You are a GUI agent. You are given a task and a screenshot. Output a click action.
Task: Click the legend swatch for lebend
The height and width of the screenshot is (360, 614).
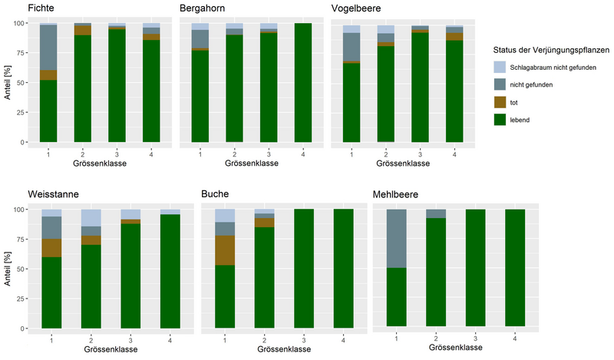pos(500,119)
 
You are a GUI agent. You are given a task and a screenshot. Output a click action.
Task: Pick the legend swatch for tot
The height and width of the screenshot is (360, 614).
pos(500,102)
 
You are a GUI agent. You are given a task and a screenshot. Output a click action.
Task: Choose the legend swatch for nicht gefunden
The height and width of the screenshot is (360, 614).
pos(500,85)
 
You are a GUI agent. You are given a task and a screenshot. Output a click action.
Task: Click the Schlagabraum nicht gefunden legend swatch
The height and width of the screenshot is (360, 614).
pos(500,68)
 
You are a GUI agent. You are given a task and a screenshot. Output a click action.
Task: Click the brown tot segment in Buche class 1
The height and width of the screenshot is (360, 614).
pos(225,250)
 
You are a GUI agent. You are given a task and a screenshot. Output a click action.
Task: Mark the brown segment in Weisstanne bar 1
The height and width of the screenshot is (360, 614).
pos(51,248)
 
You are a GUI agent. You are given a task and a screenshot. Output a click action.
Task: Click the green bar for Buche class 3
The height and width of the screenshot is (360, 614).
pos(303,268)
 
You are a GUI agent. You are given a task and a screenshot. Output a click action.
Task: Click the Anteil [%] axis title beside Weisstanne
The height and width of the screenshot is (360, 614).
pos(7,267)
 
